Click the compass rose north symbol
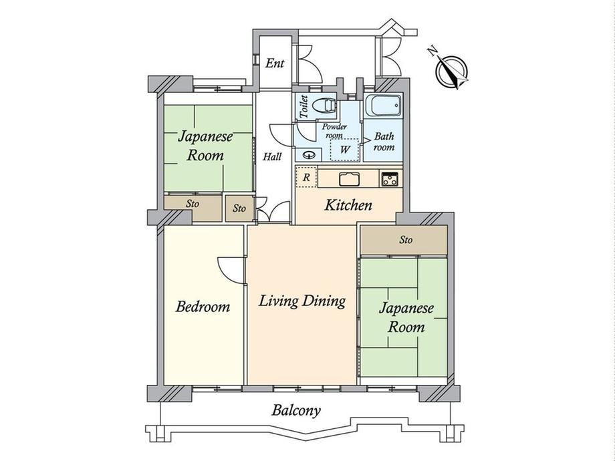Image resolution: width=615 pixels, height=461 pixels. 451,71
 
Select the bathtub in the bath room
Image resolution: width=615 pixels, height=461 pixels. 383,105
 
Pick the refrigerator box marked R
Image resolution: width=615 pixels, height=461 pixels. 306,177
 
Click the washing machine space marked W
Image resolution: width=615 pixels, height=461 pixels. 345,150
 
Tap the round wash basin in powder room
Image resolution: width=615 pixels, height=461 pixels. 310,155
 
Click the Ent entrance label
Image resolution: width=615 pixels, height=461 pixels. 274,63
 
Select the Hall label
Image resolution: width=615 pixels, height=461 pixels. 272,157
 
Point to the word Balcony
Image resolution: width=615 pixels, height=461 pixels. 296,411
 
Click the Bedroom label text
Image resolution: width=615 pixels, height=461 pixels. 203,307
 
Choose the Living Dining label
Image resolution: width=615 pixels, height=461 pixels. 302,301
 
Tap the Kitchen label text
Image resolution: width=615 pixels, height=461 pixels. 348,205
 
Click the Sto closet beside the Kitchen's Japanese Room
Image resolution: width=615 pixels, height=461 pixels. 404,240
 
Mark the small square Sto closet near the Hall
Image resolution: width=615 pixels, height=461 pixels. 239,208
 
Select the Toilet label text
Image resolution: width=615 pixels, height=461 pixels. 303,106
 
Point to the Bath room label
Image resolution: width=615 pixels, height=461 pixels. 384,142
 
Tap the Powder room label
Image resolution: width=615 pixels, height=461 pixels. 334,131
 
